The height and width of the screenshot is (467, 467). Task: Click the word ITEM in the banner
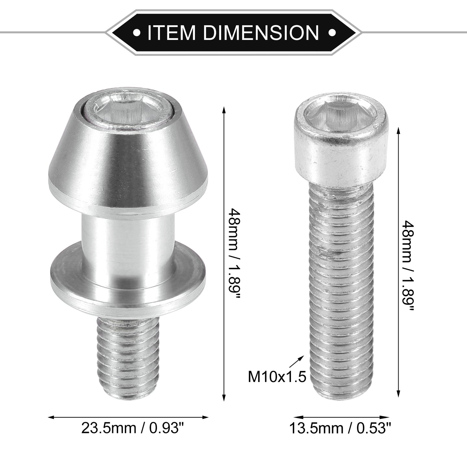(x=171, y=32)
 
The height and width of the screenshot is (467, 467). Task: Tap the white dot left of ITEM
(x=138, y=32)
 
